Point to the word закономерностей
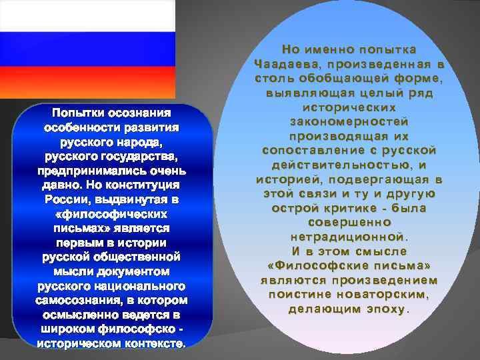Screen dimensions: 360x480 [349, 121]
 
